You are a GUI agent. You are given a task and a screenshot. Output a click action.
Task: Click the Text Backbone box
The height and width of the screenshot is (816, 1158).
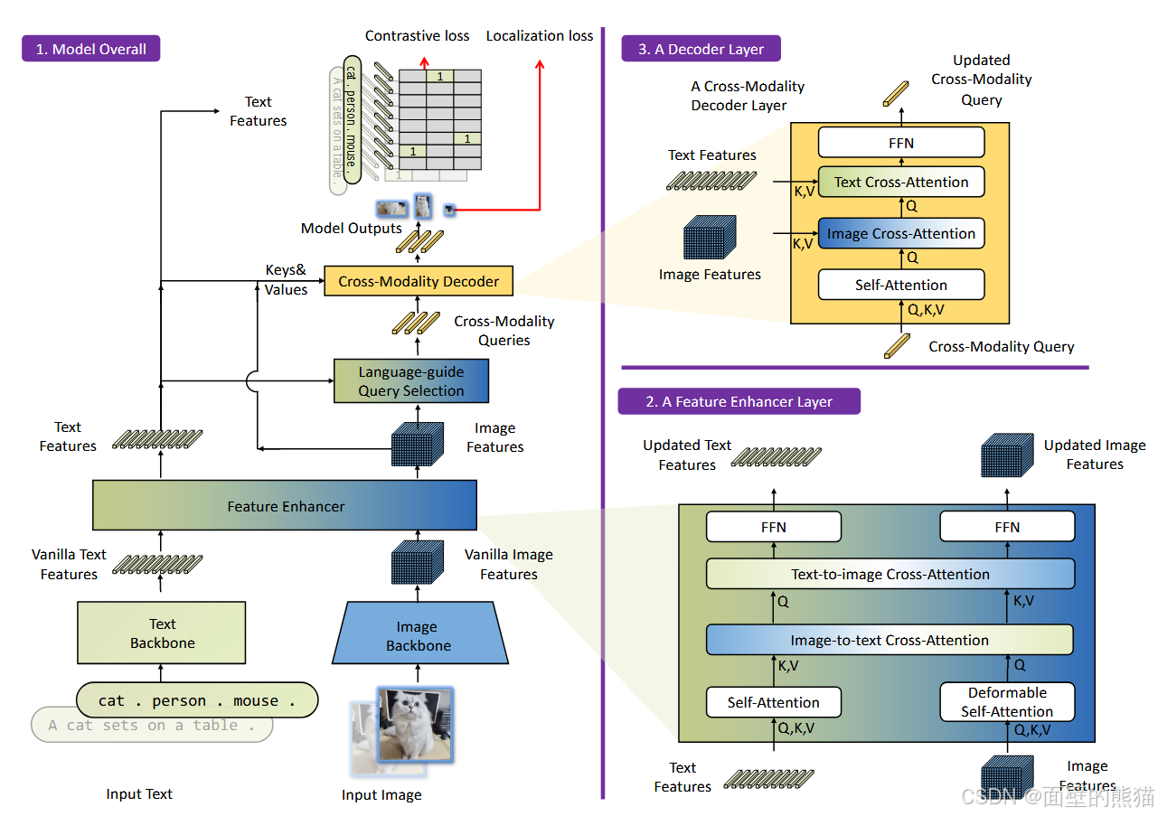coord(162,633)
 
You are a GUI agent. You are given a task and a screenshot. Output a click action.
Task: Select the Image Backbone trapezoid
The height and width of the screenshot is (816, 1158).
coord(418,636)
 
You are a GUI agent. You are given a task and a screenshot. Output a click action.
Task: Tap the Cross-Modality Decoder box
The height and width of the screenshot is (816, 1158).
coord(419,281)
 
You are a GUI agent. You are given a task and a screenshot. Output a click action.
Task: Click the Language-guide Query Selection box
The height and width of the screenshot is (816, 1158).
coord(410,381)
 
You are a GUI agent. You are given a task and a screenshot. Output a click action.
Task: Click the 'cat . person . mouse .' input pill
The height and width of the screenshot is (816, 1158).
coord(197,700)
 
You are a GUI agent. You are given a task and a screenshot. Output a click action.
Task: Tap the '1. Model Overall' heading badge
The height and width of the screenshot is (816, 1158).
coord(90,49)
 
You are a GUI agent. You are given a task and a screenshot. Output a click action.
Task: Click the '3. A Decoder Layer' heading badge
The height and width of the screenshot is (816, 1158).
coord(701,49)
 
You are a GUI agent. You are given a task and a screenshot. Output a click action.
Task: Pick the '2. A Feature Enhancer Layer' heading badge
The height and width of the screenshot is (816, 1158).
coord(739,401)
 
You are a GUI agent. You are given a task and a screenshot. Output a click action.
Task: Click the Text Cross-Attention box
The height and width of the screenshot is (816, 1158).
coord(900,182)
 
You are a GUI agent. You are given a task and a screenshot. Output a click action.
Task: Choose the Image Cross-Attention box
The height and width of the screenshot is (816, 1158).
coord(900,233)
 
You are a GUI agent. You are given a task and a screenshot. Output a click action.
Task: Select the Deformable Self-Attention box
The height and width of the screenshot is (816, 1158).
coord(1007,702)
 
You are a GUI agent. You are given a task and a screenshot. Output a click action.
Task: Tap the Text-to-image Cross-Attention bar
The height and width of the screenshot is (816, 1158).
coord(890,574)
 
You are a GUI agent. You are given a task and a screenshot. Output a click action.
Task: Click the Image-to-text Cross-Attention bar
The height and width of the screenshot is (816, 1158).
coord(890,640)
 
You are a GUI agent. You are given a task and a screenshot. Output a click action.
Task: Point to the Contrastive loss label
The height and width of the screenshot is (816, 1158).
coord(417,36)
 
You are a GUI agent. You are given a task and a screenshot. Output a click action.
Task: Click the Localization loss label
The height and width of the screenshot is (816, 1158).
coord(540,36)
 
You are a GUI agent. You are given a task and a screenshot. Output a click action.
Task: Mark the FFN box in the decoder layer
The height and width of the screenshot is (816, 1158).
coord(900,143)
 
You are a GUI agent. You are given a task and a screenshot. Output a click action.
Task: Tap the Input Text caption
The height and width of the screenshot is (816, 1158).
coord(139,794)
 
